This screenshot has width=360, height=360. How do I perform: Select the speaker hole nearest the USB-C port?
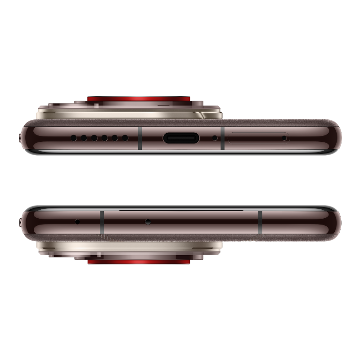coord(125,138)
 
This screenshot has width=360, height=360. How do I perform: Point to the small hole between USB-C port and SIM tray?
coord(215,138)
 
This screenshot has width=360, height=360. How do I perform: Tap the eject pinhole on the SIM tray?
coord(284,138)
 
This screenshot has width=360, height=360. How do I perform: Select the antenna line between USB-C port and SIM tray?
coord(223,138)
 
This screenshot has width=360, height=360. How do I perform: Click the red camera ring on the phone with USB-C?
coord(139,98)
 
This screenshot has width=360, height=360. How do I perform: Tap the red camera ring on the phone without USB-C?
coord(139,261)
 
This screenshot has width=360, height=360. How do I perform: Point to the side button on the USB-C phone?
coord(20,137)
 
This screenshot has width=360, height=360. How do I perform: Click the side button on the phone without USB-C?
coord(20,222)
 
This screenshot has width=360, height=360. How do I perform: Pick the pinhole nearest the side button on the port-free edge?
coord(77,221)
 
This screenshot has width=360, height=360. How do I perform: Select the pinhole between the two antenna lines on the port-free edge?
coord(148,221)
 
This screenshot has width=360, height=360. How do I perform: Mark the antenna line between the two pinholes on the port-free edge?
coord(102,221)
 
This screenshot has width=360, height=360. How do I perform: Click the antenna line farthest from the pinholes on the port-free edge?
coord(260,221)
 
